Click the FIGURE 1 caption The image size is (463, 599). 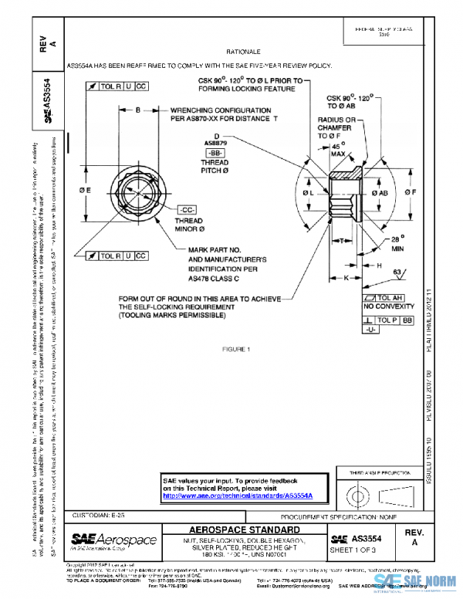pyautogui.click(x=238, y=350)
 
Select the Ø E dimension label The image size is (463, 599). pyautogui.click(x=85, y=189)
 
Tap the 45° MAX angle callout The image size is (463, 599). pyautogui.click(x=337, y=150)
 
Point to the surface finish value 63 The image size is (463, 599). pyautogui.click(x=399, y=272)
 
